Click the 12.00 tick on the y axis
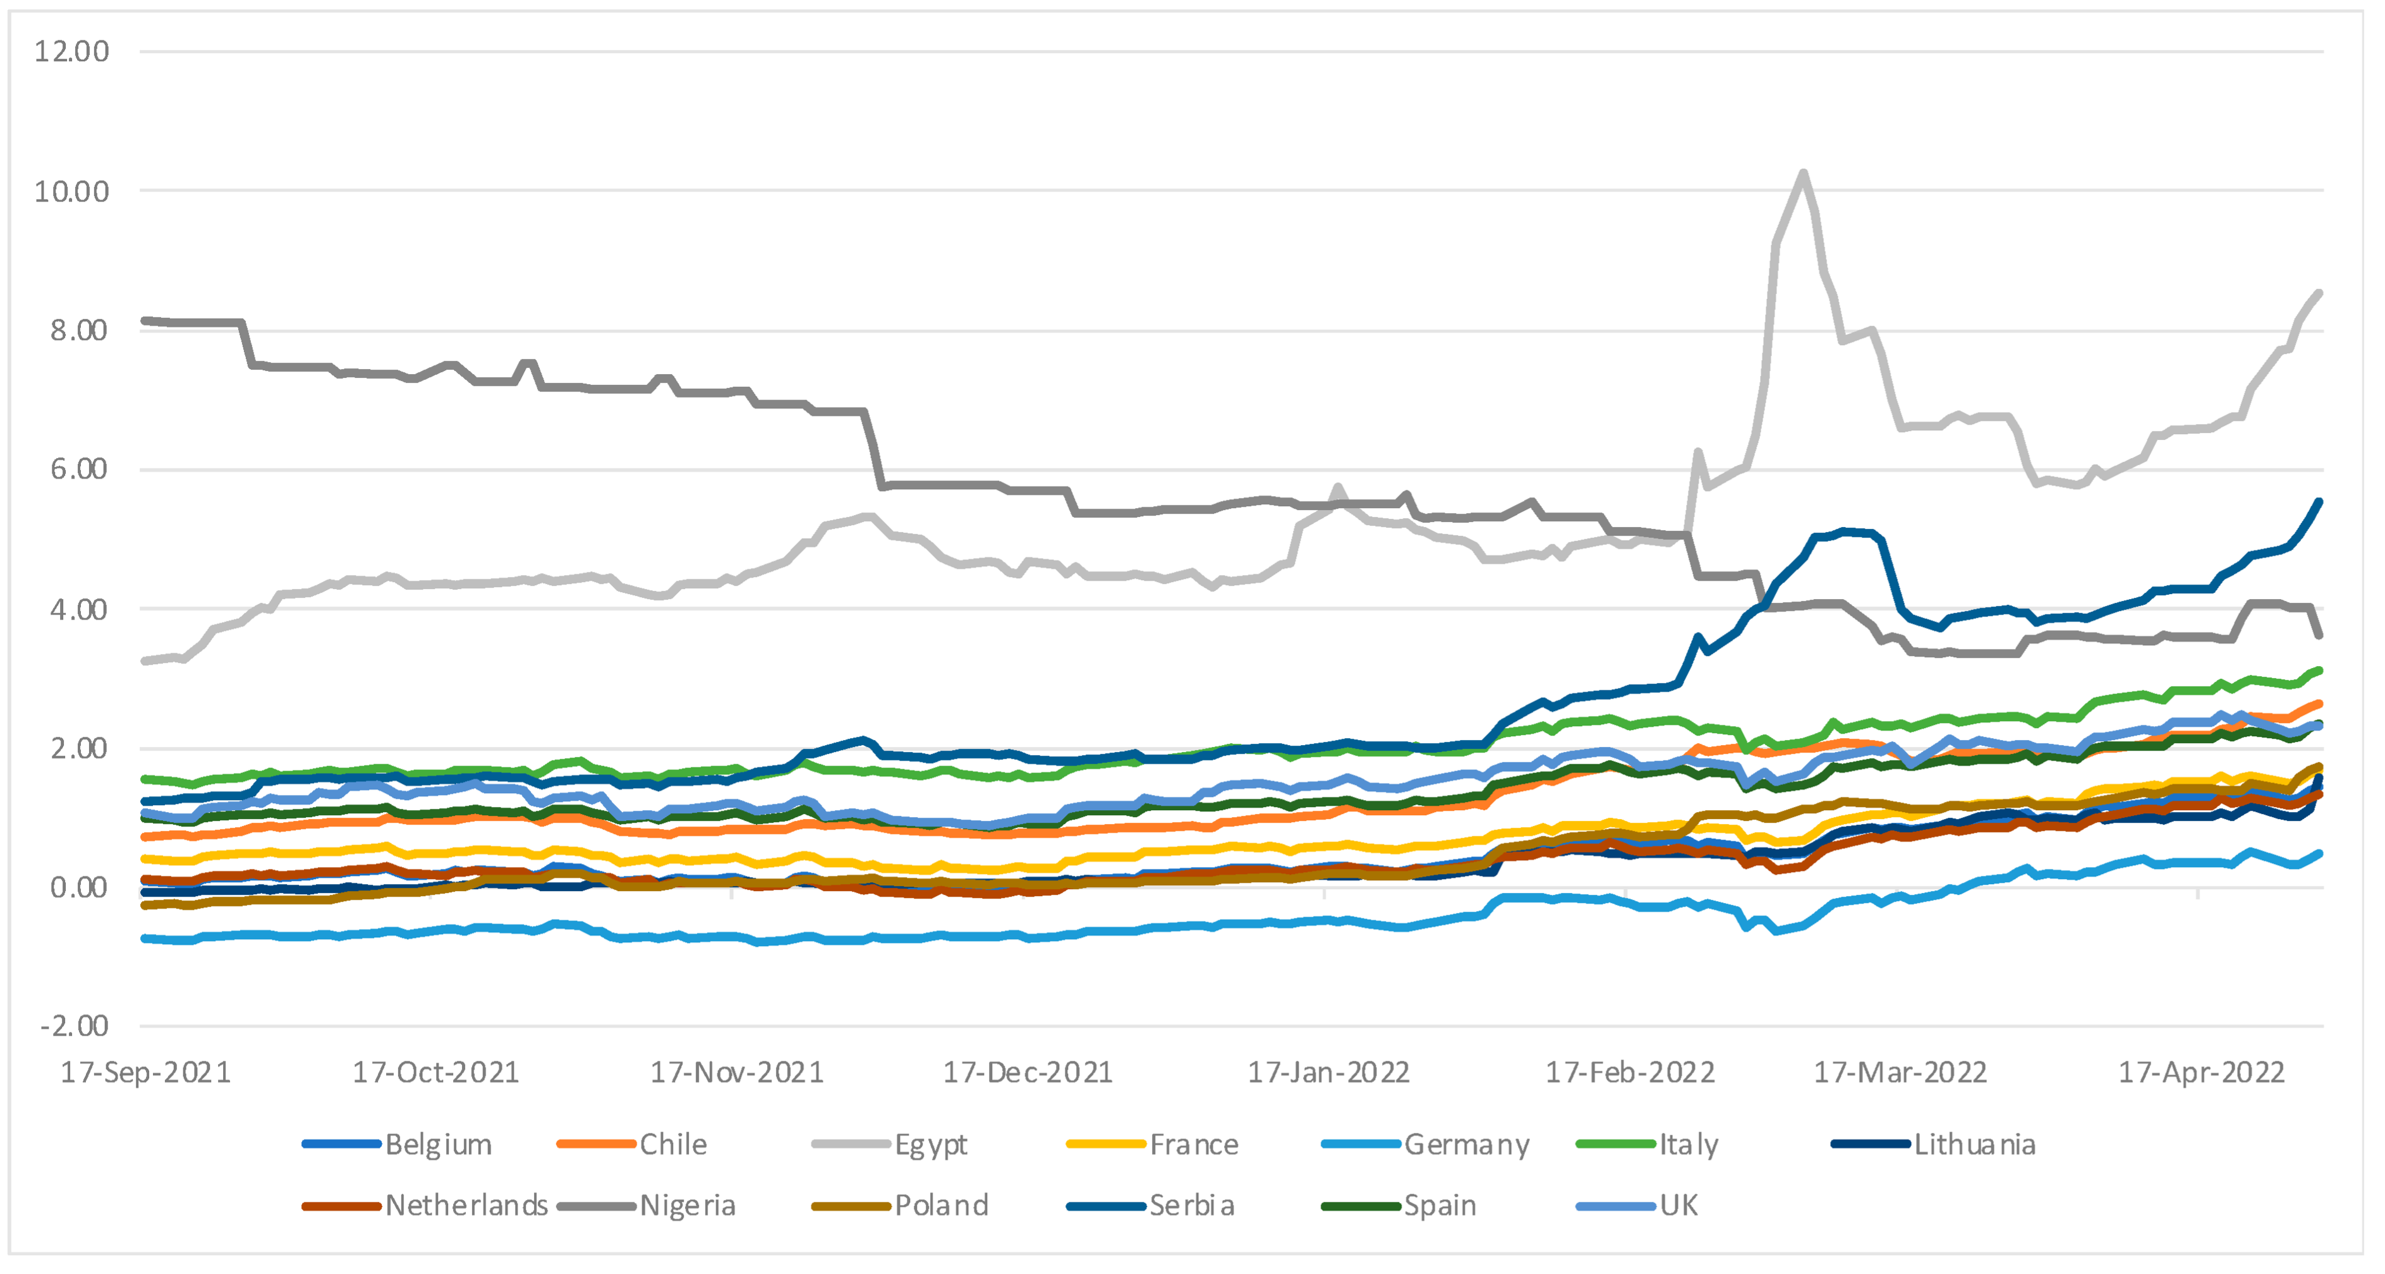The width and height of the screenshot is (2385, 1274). click(71, 51)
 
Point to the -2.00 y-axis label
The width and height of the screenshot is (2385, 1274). click(74, 1026)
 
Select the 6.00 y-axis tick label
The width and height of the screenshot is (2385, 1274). click(79, 468)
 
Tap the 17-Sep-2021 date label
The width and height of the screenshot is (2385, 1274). click(145, 1072)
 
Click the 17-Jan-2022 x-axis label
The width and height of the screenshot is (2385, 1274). click(1328, 1072)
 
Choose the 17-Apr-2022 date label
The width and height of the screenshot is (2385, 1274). click(2202, 1072)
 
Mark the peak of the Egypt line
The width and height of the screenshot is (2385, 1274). click(1802, 173)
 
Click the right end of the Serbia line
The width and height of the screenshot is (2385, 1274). click(2319, 502)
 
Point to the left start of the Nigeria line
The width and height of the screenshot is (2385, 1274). click(145, 320)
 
